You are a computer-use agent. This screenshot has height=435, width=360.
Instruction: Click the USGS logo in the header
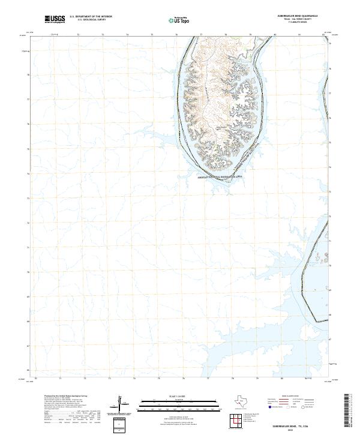(55, 19)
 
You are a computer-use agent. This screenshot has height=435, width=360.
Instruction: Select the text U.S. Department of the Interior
(91, 17)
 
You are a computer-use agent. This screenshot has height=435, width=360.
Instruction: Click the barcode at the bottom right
(347, 412)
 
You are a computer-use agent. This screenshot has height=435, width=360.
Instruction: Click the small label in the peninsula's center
(221, 127)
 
